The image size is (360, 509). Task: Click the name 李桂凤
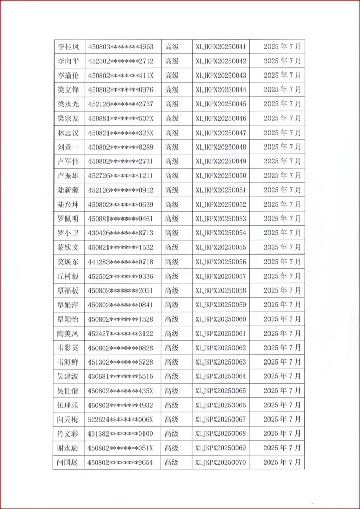pos(68,47)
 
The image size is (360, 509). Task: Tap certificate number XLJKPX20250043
pos(221,76)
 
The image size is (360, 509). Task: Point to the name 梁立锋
pos(68,90)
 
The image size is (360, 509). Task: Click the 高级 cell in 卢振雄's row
pos(172,176)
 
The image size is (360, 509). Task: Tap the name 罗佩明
pos(68,219)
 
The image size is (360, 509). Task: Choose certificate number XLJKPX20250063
pos(221,362)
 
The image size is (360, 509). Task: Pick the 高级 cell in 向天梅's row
pos(172,420)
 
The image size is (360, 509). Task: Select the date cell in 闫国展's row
pos(282,463)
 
